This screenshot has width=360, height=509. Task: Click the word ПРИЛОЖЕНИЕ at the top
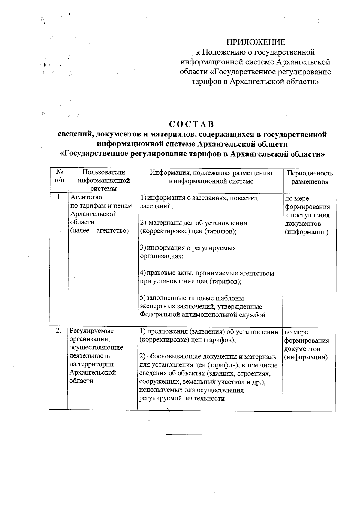click(255, 42)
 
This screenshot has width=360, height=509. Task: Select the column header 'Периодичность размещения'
click(310, 177)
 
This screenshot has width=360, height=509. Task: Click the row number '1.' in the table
click(59, 197)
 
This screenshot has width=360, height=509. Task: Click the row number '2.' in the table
click(59, 330)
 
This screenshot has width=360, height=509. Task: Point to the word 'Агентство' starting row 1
click(86, 197)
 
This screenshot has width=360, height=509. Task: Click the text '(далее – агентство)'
click(99, 231)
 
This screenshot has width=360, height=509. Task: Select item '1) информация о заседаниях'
click(199, 198)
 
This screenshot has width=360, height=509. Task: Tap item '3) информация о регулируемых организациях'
click(188, 252)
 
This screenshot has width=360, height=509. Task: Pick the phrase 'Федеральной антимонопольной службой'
click(202, 315)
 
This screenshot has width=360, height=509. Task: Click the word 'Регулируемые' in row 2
click(91, 331)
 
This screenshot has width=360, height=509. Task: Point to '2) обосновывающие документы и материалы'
click(208, 357)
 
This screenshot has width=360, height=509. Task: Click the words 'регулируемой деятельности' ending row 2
click(182, 398)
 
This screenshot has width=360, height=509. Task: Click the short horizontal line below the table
click(190, 434)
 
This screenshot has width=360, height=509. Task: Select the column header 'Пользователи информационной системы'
click(103, 180)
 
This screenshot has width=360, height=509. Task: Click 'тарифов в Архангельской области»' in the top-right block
click(255, 82)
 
